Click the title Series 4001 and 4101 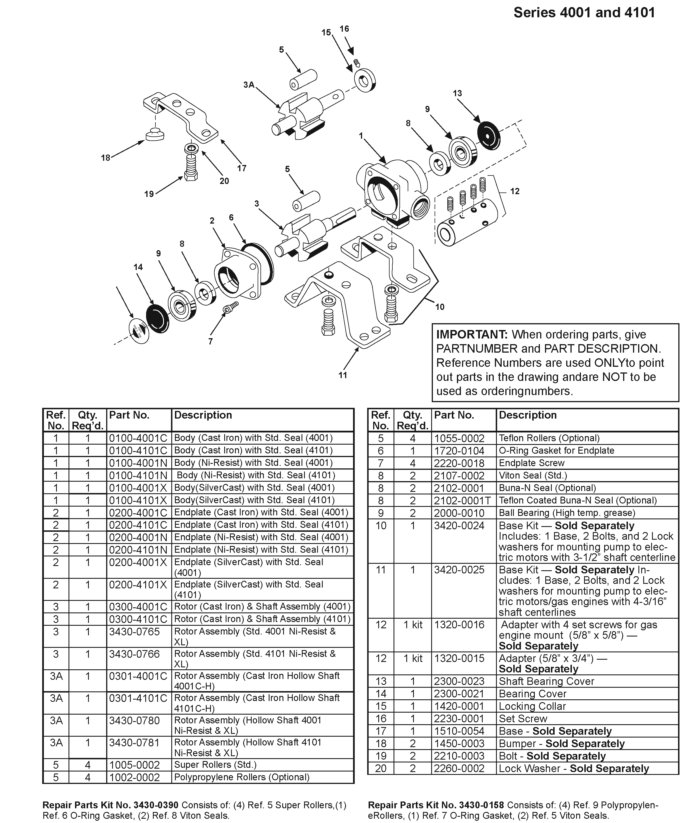(x=584, y=13)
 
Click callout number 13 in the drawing (x=457, y=93)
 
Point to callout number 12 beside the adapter (x=514, y=191)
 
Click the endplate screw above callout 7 (x=231, y=307)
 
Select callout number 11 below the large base (x=343, y=375)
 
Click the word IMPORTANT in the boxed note (x=471, y=335)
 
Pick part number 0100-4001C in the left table (x=138, y=438)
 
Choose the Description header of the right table (x=527, y=415)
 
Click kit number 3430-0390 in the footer (x=156, y=805)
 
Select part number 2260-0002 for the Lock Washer (x=459, y=768)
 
